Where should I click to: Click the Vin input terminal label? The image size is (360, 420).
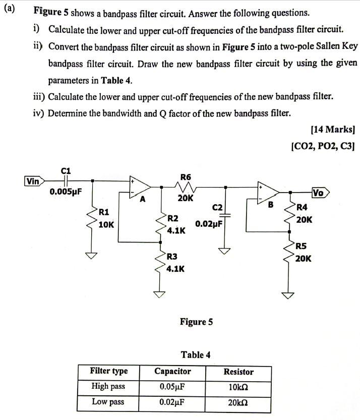point(33,181)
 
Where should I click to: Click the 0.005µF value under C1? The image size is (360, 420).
point(66,192)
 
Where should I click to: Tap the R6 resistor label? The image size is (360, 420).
point(186,177)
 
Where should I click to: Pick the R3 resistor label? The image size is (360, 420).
point(172,257)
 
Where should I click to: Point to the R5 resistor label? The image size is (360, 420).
point(301,247)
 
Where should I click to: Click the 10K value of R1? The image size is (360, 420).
point(106,224)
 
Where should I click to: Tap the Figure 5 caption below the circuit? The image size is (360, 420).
point(196,322)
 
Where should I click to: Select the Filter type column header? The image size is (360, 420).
point(108,372)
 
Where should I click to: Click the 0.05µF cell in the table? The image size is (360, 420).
point(171,387)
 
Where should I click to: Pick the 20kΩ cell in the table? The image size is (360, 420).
point(238,402)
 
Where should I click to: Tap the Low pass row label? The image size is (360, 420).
point(108,402)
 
